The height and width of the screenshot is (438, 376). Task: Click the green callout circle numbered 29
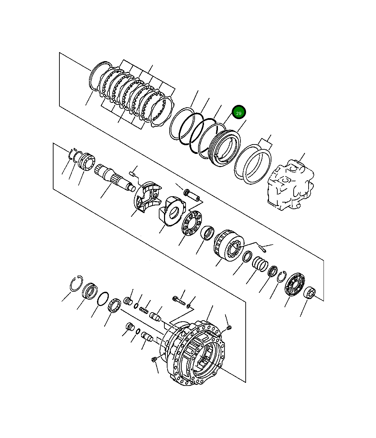coord(239,112)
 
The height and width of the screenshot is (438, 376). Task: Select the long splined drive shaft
coord(115,177)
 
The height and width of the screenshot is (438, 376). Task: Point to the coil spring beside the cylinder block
coord(260,264)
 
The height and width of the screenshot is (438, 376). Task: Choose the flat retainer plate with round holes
coord(191,223)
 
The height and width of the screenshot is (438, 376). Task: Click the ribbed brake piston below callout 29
coord(224,148)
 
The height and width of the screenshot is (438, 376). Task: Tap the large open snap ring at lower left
coord(76,283)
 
